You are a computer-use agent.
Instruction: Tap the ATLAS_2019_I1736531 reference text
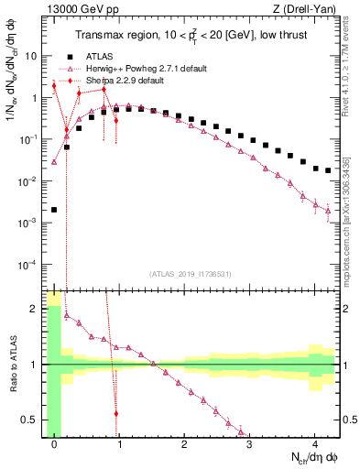click(x=191, y=274)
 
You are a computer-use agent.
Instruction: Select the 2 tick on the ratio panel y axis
click(x=36, y=309)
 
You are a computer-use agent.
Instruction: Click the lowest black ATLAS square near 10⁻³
click(x=54, y=210)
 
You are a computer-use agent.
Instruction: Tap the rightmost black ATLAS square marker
click(x=327, y=170)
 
